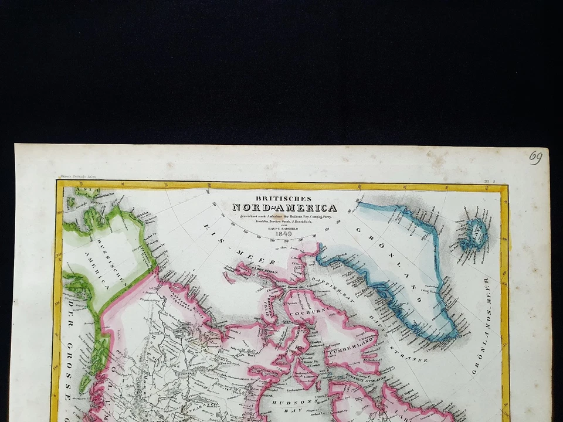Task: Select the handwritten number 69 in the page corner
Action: click(x=535, y=157)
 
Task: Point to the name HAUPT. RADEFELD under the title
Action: click(x=284, y=229)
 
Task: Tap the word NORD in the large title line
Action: click(x=249, y=208)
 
